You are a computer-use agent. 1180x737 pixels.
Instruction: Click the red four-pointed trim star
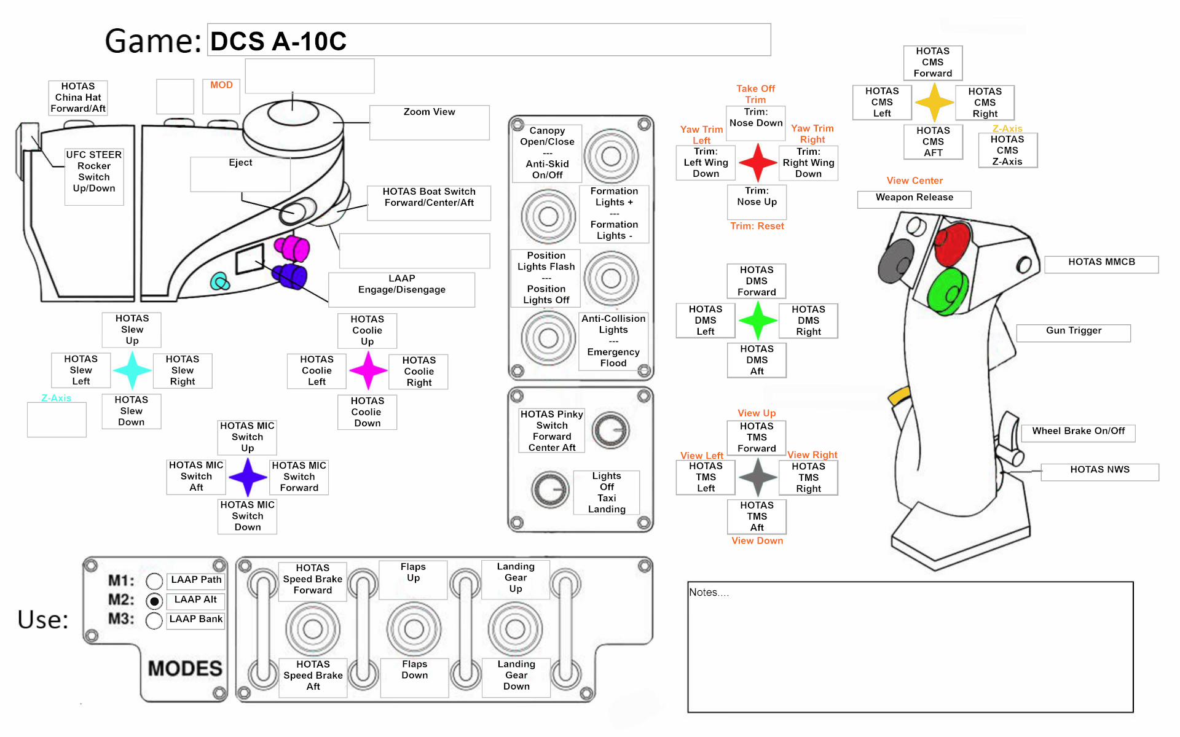758,163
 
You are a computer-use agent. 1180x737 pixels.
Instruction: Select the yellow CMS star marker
934,102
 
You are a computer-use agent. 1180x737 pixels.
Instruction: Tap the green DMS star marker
758,320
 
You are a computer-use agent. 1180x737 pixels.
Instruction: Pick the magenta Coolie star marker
368,370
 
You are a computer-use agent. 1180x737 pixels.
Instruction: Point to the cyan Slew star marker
132,370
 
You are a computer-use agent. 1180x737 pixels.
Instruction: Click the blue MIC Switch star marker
248,477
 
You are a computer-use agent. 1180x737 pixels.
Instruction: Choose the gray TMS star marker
758,477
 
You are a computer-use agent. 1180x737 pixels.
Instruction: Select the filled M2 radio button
154,601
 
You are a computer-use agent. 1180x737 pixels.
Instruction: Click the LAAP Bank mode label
195,619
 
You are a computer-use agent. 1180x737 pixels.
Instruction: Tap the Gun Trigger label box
1073,331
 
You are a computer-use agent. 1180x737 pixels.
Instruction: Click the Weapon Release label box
914,198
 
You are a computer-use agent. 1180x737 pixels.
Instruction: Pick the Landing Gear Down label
516,676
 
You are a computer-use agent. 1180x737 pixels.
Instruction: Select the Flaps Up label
413,572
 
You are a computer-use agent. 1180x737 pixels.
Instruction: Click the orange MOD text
221,85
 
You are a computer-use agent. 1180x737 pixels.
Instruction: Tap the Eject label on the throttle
240,163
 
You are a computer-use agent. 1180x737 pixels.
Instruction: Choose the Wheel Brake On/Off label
1078,431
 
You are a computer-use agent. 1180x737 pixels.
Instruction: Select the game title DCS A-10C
278,41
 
